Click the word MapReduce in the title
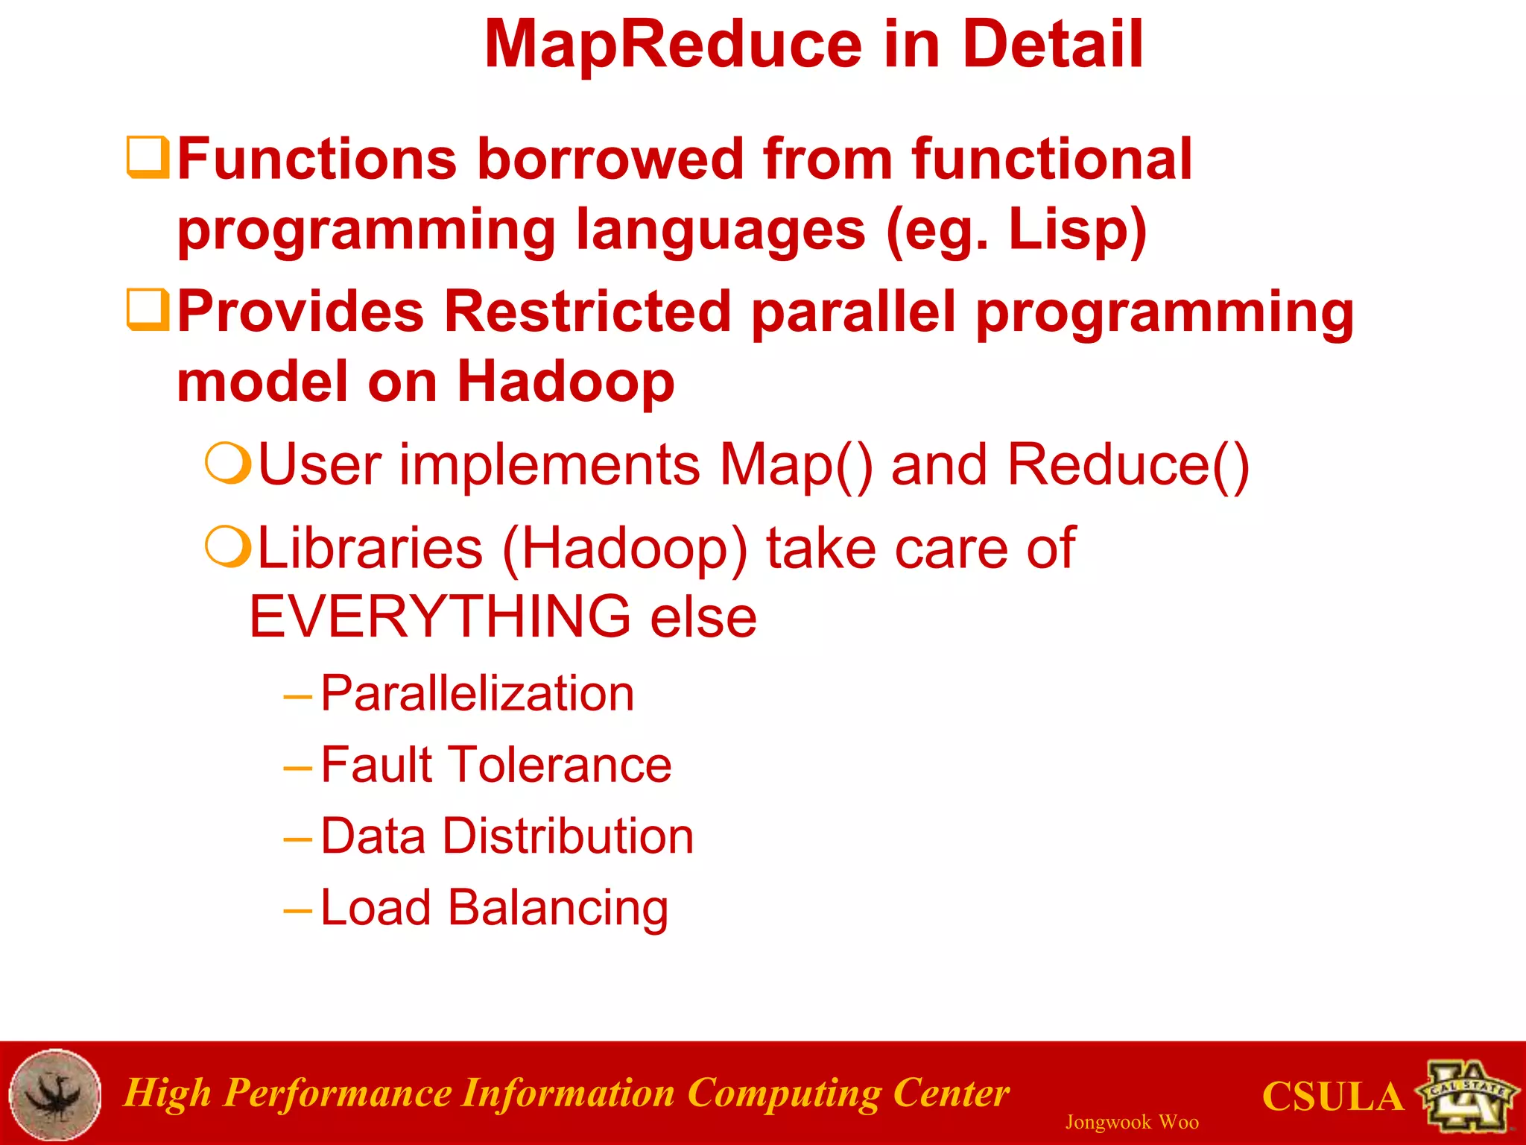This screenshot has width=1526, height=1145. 673,45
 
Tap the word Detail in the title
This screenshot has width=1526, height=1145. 1052,45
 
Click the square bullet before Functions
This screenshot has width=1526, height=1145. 148,157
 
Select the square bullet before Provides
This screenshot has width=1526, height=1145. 148,309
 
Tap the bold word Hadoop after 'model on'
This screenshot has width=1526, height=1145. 566,382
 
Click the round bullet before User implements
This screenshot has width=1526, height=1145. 227,464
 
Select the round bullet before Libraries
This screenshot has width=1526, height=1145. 227,546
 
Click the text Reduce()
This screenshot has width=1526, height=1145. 1127,465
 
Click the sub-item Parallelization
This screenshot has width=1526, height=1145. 477,694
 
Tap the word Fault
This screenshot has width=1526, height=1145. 376,765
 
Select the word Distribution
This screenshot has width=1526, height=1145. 568,836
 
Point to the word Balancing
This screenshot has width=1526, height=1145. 557,908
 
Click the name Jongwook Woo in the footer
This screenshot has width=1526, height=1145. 1131,1122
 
